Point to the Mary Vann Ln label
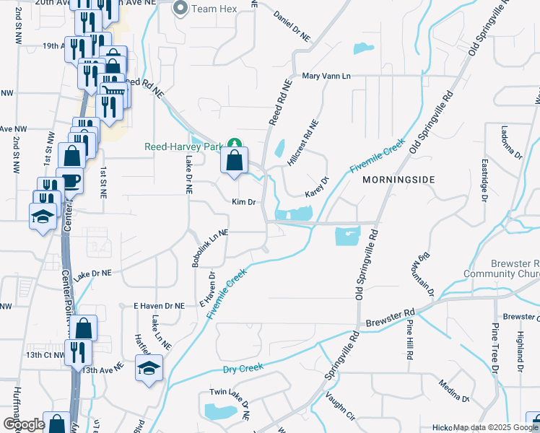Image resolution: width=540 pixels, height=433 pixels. [326, 76]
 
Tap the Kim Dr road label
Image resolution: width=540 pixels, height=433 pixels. [244, 202]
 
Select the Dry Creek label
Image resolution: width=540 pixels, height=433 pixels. [243, 368]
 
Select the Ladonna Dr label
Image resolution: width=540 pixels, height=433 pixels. [506, 142]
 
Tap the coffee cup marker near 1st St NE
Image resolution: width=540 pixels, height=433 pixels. [72, 180]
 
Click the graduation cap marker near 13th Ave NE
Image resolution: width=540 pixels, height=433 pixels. [149, 368]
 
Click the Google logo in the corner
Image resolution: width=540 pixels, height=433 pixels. [25, 424]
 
